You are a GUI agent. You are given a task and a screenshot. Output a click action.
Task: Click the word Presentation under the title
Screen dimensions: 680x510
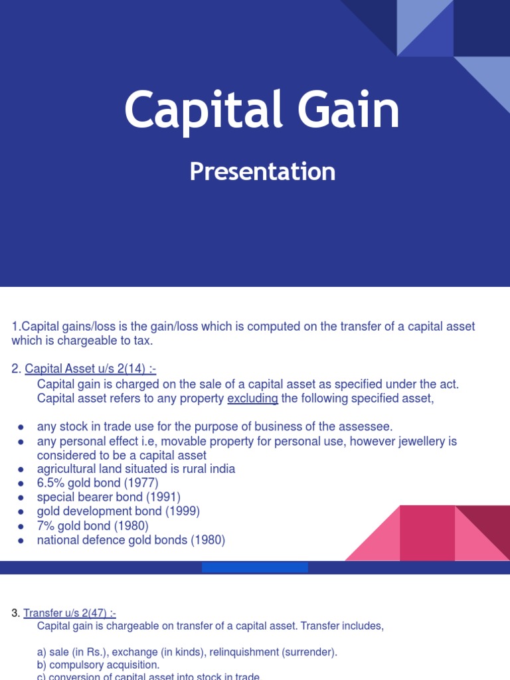coord(262,171)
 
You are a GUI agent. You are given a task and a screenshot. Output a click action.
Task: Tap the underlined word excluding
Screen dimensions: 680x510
coord(252,398)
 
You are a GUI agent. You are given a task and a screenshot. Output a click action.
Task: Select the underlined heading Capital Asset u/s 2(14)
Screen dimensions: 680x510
coord(90,369)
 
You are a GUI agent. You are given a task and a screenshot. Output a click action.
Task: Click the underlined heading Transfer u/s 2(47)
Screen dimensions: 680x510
coord(70,613)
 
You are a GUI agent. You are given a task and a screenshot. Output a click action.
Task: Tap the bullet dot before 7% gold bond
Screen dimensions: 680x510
coord(21,526)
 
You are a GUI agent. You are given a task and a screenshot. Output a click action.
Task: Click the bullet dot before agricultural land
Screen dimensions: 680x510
coord(21,469)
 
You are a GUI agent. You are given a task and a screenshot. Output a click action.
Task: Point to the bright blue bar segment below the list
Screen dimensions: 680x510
coord(255,567)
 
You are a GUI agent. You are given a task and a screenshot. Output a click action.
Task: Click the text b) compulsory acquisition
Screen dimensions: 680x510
coord(98,665)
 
